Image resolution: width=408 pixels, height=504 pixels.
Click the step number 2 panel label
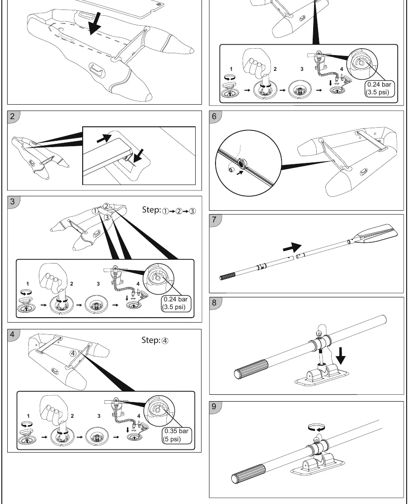click(12, 116)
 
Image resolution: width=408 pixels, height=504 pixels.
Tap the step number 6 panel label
click(214, 116)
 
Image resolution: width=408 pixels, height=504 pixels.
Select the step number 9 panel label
click(214, 406)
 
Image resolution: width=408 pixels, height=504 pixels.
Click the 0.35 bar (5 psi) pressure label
click(177, 435)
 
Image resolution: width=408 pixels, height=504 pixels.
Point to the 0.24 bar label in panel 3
click(175, 299)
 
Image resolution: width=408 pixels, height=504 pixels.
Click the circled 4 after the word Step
click(165, 341)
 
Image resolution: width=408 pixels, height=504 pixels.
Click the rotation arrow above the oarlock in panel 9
click(316, 428)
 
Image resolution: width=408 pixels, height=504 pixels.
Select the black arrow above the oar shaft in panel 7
click(292, 248)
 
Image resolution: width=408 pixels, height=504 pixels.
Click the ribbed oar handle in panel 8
click(251, 370)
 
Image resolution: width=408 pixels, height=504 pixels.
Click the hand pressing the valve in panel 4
click(54, 410)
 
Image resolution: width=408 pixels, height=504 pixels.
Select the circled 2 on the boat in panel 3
click(107, 206)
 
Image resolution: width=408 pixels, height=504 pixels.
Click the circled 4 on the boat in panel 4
click(73, 353)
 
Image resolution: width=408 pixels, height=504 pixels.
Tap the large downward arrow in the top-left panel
click(94, 24)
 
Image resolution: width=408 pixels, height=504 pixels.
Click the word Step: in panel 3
click(151, 210)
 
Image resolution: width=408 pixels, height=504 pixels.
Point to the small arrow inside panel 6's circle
click(239, 173)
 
